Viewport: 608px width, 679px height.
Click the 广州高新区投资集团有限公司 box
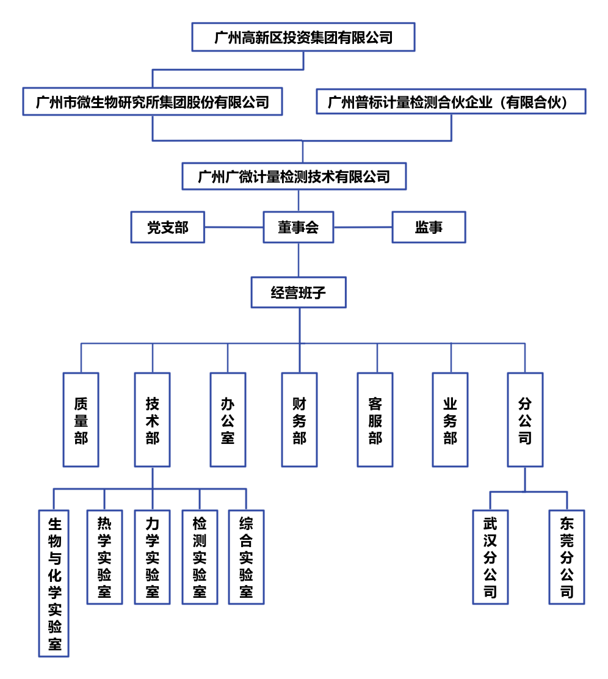point(303,37)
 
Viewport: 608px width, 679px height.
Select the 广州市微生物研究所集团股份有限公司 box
point(153,101)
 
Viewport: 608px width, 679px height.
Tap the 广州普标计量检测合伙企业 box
point(451,101)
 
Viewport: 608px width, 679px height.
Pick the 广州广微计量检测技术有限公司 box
point(294,176)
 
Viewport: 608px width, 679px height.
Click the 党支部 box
point(168,227)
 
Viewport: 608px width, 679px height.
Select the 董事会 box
point(298,227)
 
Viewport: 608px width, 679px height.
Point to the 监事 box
point(429,227)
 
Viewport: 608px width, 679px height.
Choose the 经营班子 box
point(299,292)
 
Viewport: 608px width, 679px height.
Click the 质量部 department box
point(81,420)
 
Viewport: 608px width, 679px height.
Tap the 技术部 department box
point(153,420)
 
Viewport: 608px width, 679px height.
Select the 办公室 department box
point(228,420)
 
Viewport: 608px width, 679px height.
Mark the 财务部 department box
point(299,420)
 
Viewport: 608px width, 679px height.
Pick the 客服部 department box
point(375,420)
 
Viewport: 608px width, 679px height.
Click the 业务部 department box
point(450,420)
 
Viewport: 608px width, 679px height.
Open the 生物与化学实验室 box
point(54,583)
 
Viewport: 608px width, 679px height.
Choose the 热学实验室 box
point(104,557)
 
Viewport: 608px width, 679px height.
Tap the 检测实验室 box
point(200,557)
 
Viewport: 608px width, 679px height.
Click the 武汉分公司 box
point(490,557)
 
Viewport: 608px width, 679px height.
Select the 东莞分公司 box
point(566,557)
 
